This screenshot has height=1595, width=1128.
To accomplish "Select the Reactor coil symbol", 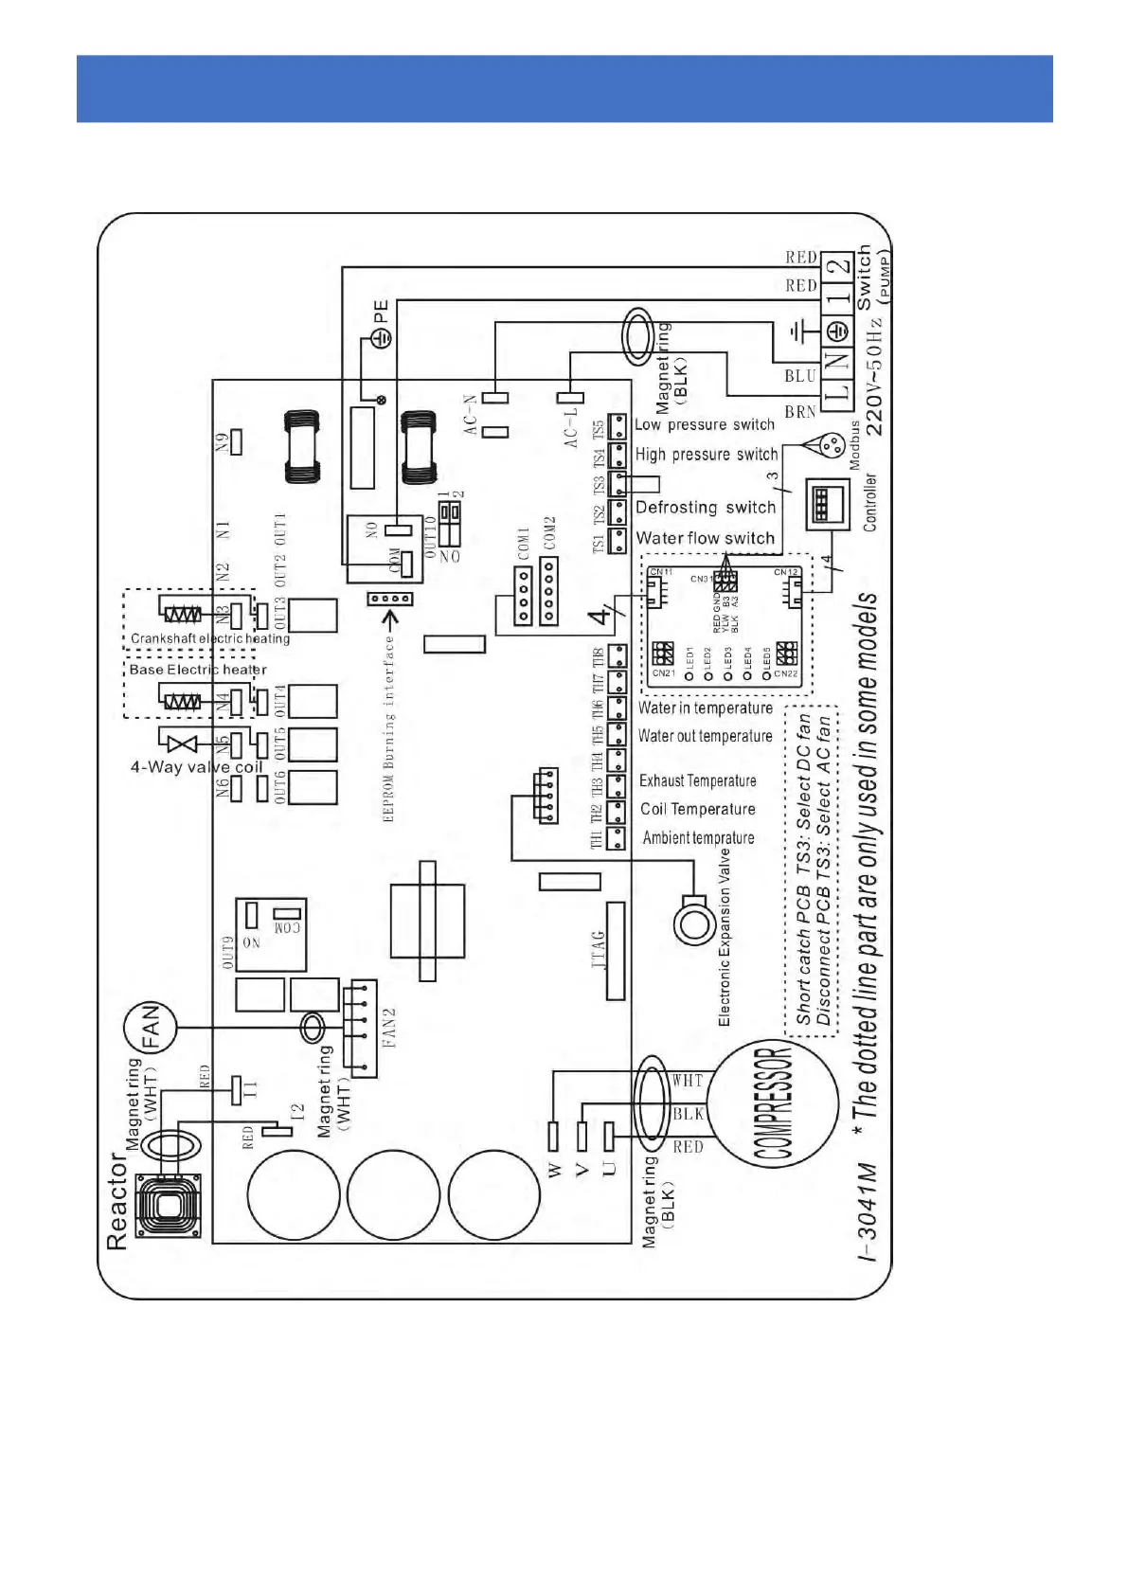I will click(x=169, y=1205).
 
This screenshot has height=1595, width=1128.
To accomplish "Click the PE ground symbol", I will click(x=381, y=337).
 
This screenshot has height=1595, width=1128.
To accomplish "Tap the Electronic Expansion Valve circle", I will click(x=694, y=922).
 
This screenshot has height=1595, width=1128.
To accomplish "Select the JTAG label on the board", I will click(x=598, y=950).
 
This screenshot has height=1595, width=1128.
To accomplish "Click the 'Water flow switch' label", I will click(x=705, y=538).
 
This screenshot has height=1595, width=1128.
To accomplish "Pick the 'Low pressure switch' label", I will click(x=705, y=424).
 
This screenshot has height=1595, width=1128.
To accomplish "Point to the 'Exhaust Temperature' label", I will click(x=697, y=780).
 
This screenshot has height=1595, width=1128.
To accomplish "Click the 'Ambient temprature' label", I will click(x=698, y=837).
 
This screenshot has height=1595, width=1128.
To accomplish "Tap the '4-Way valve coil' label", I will click(x=197, y=767).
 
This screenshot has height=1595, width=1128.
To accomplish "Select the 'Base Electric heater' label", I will click(x=198, y=670).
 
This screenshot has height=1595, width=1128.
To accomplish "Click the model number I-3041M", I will click(x=868, y=1211).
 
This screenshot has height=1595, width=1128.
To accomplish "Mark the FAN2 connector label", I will click(x=389, y=1028).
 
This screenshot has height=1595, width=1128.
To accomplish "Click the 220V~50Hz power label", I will click(x=874, y=377).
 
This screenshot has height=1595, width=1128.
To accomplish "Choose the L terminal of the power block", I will click(x=835, y=390).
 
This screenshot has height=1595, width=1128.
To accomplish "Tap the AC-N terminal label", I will click(x=471, y=415).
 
